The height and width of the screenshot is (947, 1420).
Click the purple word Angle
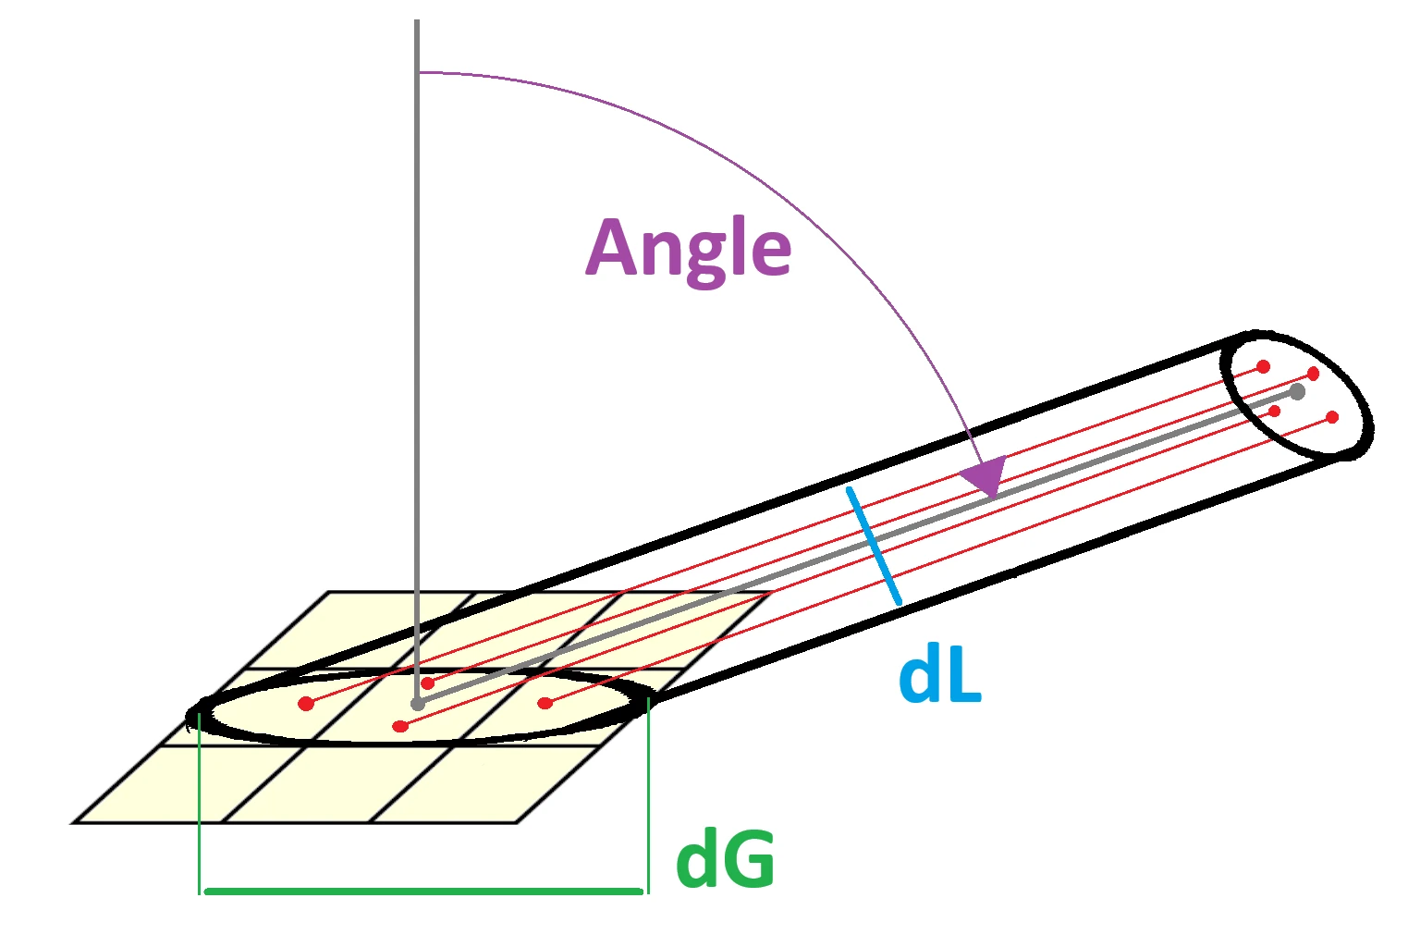(x=689, y=248)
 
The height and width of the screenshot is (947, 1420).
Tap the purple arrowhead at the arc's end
(x=985, y=476)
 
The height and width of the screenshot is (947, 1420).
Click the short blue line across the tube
(x=874, y=546)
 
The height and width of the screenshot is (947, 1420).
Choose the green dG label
(x=726, y=860)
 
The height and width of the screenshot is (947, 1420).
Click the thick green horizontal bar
(x=422, y=892)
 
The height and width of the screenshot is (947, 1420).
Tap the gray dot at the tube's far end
(x=1297, y=392)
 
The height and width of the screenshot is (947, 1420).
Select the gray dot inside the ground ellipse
(x=418, y=704)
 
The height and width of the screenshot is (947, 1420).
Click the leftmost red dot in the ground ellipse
(x=306, y=704)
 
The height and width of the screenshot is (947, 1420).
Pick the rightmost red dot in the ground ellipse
(x=545, y=703)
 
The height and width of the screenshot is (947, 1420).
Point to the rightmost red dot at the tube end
(x=1332, y=417)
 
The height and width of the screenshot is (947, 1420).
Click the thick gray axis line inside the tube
(x=832, y=556)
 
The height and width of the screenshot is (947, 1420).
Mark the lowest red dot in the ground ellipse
(x=400, y=726)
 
